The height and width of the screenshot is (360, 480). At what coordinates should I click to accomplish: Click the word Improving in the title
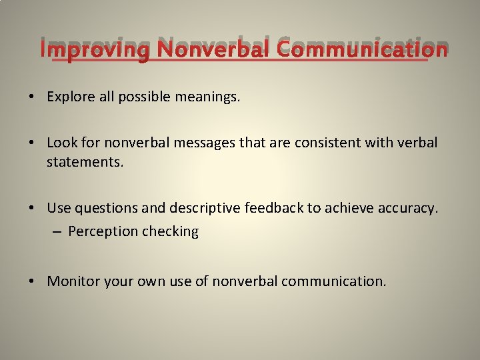(x=95, y=50)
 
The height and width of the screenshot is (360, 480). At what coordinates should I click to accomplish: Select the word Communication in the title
(x=361, y=50)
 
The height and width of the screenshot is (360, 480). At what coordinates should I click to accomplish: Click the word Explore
(x=70, y=97)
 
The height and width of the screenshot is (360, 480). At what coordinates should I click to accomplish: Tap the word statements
(x=85, y=161)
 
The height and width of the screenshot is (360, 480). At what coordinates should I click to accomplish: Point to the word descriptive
(x=204, y=208)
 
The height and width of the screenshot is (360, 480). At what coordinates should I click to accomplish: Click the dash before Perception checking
(x=57, y=232)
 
